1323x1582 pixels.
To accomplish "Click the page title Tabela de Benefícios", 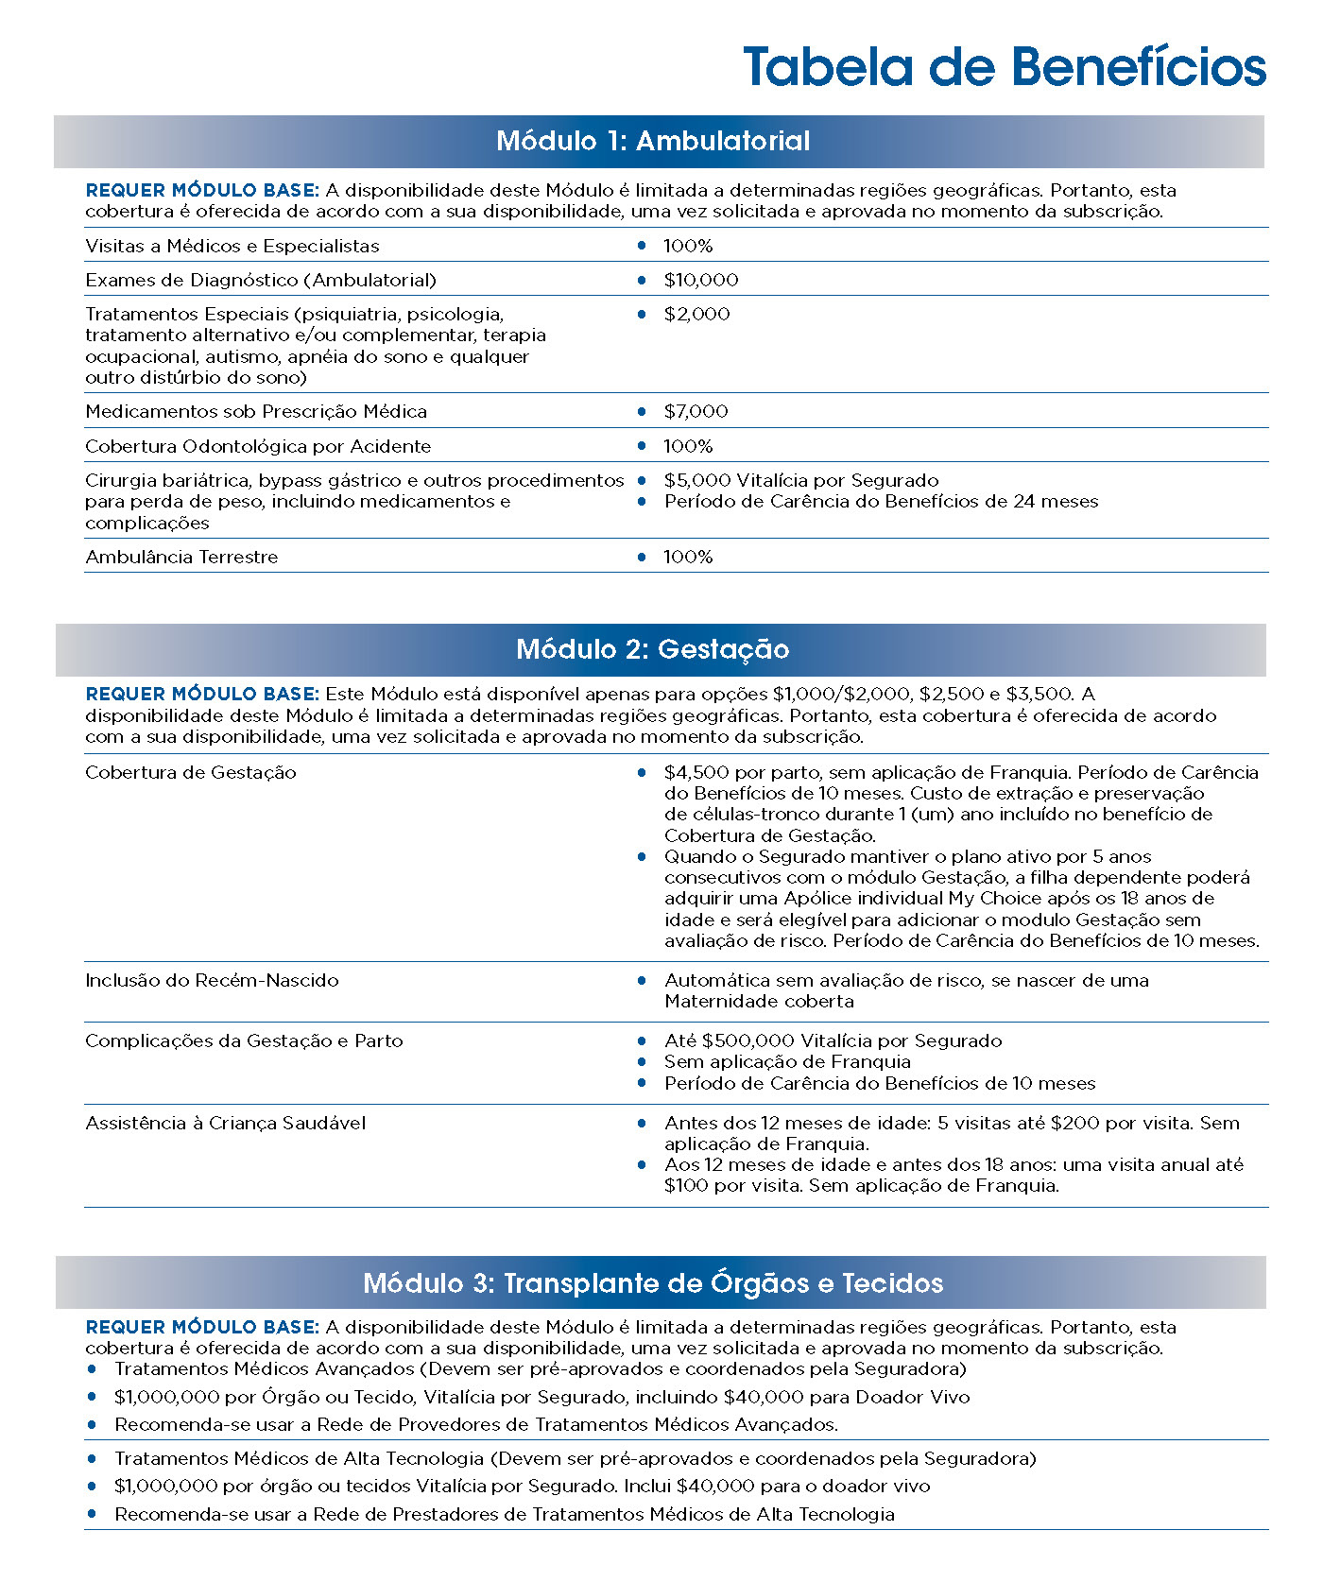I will click(x=1004, y=67).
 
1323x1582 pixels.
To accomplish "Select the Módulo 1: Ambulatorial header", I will click(x=653, y=141).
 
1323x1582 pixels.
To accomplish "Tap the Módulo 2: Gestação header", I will click(x=653, y=649).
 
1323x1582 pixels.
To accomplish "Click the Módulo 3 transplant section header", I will click(x=653, y=1282).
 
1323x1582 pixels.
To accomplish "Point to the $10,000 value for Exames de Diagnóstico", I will click(x=700, y=280).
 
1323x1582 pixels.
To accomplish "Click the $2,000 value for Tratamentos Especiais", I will click(x=696, y=314).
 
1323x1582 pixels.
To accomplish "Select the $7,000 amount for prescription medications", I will click(x=696, y=411).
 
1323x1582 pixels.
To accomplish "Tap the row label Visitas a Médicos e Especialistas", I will click(x=232, y=246).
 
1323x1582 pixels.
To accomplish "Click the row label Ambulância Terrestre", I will click(x=181, y=557).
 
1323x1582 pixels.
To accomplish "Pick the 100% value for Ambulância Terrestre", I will click(x=687, y=557).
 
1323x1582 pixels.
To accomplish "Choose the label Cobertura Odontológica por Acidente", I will click(x=258, y=446).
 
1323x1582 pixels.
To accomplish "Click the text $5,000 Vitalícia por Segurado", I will click(x=801, y=480).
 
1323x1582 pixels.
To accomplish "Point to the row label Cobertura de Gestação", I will click(x=191, y=772).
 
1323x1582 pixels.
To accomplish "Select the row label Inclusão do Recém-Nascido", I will click(x=212, y=980).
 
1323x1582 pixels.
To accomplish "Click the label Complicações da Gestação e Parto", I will click(x=244, y=1040).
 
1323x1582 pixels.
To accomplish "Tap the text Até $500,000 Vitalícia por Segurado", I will click(x=833, y=1040).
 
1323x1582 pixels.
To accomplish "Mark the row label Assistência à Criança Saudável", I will click(x=225, y=1123).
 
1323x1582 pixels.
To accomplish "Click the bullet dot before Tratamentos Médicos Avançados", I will click(x=92, y=1368).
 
